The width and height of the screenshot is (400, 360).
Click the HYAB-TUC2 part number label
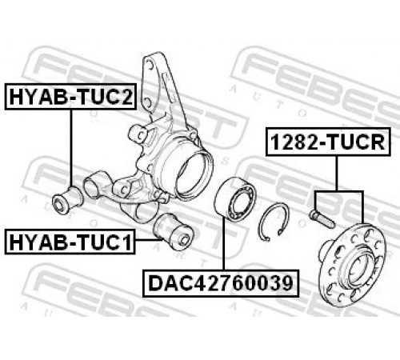(70, 97)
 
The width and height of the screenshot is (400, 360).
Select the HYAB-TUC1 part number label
(70, 242)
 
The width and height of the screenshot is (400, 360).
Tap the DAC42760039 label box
(221, 283)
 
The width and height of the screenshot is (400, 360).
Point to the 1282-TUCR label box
(328, 142)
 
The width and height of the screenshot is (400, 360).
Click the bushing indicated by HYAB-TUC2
(67, 199)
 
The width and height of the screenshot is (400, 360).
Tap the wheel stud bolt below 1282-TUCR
(322, 218)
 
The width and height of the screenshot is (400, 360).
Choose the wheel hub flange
(352, 264)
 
